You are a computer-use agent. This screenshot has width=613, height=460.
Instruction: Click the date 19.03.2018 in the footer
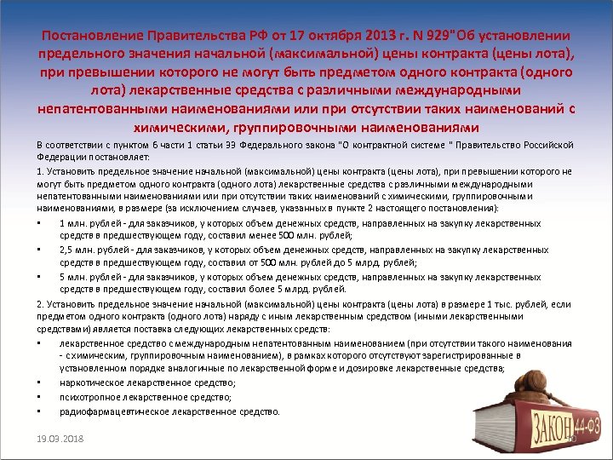60,439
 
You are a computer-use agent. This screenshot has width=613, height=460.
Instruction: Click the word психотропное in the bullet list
89,397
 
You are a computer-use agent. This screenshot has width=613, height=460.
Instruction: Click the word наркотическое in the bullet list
91,383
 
